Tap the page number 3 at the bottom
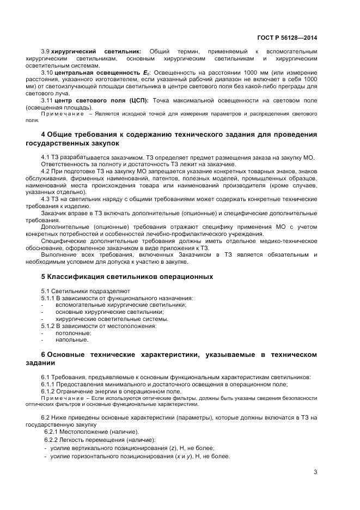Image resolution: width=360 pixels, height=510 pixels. pyautogui.click(x=315, y=472)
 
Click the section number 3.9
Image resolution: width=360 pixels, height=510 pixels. pyautogui.click(x=46, y=51)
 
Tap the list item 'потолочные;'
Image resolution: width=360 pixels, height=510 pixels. pyautogui.click(x=73, y=333)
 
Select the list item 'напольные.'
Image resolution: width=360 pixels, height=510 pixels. pyautogui.click(x=71, y=340)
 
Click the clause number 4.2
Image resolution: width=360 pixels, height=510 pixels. pyautogui.click(x=46, y=171)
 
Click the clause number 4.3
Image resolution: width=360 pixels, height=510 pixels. pyautogui.click(x=46, y=199)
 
